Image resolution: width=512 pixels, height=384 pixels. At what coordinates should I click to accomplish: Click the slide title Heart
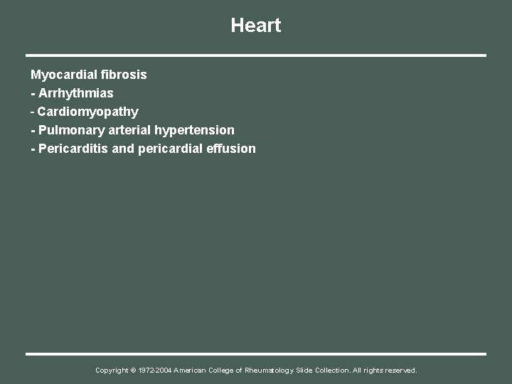coord(256,26)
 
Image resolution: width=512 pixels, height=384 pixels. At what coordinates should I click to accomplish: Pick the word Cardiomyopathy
coord(88,112)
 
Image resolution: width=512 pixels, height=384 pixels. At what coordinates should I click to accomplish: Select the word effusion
coord(232,149)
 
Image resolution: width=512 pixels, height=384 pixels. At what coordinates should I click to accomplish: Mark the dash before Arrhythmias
coord(33,93)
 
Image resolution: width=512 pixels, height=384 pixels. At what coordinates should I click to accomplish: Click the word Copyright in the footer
coord(112,370)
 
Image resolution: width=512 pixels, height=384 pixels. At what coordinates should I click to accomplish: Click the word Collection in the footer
coord(333,370)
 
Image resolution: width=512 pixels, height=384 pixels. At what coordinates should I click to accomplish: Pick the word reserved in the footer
coord(400,370)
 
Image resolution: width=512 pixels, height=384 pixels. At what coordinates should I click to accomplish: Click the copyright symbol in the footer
coord(134,370)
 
